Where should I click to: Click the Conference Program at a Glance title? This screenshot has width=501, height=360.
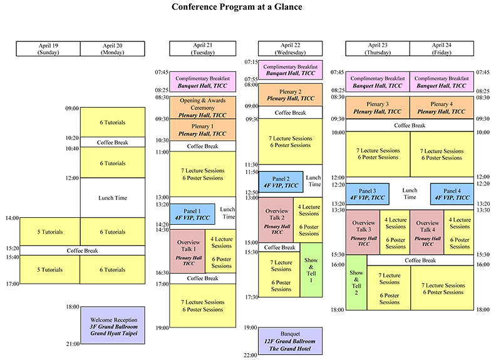(237, 8)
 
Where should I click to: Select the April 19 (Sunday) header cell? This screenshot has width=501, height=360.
(48, 49)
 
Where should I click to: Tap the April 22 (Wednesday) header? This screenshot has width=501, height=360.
(290, 49)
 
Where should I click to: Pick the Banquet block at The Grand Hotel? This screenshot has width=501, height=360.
(290, 341)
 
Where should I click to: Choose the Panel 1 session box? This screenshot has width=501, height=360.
(192, 213)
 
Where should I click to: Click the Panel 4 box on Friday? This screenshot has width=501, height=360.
(452, 193)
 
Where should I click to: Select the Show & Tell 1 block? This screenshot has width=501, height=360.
(311, 270)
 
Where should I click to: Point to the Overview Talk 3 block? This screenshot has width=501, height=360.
(363, 232)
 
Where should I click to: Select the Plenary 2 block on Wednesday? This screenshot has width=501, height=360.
(290, 95)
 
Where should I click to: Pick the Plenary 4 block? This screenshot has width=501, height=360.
(442, 107)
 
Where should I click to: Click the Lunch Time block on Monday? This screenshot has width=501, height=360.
(113, 198)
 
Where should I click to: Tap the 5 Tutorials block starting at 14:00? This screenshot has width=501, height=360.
(50, 232)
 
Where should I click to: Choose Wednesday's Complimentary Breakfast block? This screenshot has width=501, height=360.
(290, 69)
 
